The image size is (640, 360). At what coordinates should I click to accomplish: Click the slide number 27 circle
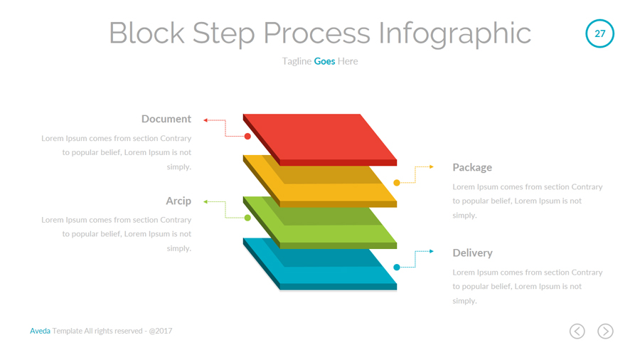[599, 33]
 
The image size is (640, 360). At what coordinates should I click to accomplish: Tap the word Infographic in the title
[454, 33]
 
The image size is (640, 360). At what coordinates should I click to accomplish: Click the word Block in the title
[146, 33]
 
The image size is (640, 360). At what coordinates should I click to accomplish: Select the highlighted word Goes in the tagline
[324, 61]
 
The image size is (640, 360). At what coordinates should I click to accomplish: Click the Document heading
[166, 119]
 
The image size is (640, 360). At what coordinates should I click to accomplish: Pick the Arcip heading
[178, 201]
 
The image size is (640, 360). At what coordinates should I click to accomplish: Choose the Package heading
[472, 167]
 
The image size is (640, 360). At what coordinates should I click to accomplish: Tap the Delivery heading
[472, 253]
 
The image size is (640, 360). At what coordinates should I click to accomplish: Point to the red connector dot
[247, 136]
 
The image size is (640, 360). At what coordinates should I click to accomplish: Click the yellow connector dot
[397, 183]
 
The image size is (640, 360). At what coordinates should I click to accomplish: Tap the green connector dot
[247, 218]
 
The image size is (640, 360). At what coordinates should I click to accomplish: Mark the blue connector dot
[397, 268]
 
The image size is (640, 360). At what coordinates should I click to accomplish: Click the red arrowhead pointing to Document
[205, 120]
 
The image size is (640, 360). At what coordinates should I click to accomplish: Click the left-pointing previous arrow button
[577, 331]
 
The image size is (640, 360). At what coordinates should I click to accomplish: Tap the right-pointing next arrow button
[605, 331]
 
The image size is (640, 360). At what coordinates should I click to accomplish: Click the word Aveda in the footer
[40, 331]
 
